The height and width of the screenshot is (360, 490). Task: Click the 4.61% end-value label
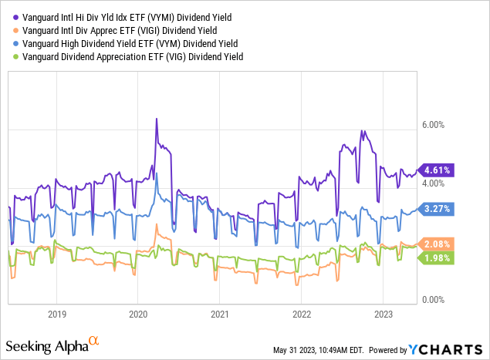(438, 170)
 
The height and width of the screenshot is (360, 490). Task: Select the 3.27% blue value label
(438, 208)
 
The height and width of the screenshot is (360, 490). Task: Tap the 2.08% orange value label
(438, 244)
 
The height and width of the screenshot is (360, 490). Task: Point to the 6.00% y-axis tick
(434, 125)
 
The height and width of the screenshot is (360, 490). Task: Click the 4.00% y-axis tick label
(434, 183)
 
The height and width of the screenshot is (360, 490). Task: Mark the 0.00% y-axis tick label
(434, 300)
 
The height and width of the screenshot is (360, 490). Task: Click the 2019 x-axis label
(57, 315)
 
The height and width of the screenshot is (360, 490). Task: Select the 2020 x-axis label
(138, 315)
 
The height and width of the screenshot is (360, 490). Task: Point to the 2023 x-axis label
(384, 315)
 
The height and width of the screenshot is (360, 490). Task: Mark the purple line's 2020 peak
(157, 119)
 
